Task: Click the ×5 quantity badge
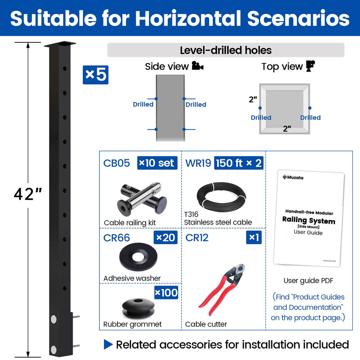point(95,75)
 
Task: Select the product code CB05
point(117,162)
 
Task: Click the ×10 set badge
point(157,162)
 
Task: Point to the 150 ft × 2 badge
point(239,162)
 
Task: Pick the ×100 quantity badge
point(166,293)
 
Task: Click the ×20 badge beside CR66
point(166,237)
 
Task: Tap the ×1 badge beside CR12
point(254,237)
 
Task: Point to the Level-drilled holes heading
point(225,50)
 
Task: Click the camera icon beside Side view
point(198,67)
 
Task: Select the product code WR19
point(198,162)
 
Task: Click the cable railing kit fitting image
point(139,198)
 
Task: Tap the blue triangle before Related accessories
point(108,345)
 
